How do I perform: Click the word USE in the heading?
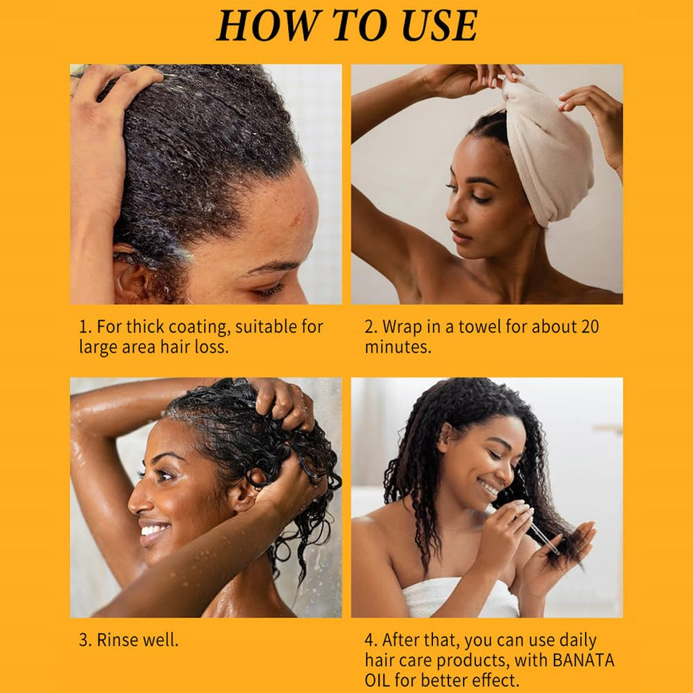pyautogui.click(x=440, y=25)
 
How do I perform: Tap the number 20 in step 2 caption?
pyautogui.click(x=590, y=326)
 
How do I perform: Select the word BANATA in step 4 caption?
pyautogui.click(x=583, y=661)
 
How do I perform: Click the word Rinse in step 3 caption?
pyautogui.click(x=115, y=640)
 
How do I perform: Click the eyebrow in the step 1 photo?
pyautogui.click(x=269, y=267)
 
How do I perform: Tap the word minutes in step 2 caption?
pyautogui.click(x=398, y=347)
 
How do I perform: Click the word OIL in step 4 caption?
pyautogui.click(x=378, y=680)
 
